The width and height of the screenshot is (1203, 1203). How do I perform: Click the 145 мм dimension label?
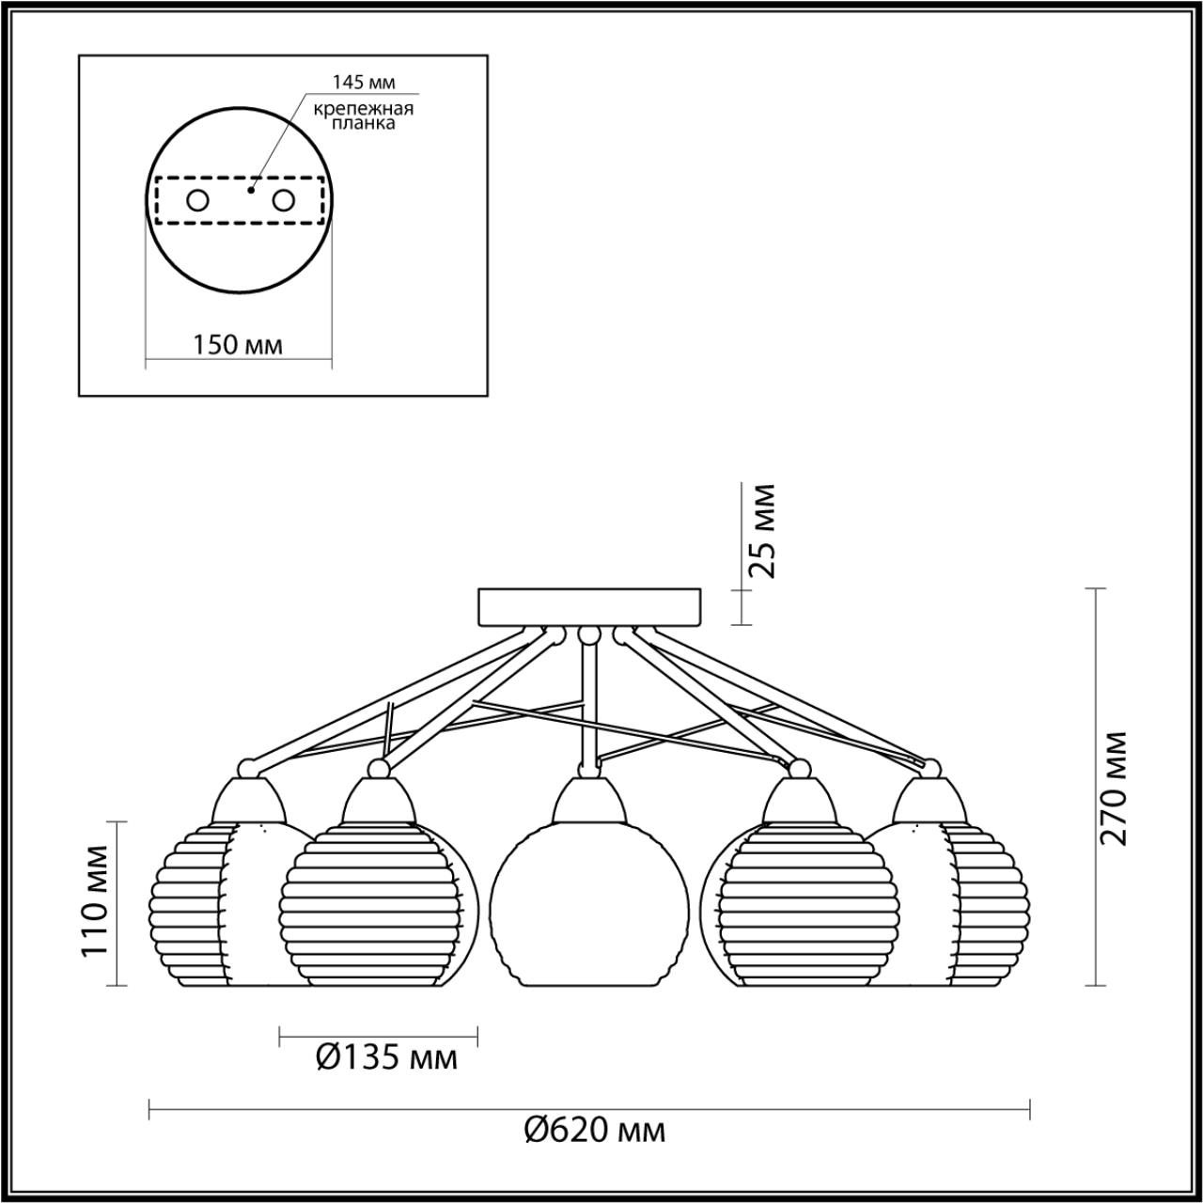click(x=364, y=82)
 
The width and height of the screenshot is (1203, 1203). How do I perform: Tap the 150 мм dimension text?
click(x=237, y=345)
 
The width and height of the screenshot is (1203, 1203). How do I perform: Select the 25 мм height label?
click(x=761, y=532)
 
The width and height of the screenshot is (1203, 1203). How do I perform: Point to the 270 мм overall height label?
click(x=1113, y=789)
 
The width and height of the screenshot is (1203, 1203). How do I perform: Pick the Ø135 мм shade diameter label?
click(x=387, y=1057)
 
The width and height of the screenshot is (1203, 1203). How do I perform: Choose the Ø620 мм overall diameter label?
click(x=595, y=1147)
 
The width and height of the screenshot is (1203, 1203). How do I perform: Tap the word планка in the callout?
click(x=364, y=124)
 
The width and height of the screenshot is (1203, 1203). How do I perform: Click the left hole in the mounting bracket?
click(x=198, y=201)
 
